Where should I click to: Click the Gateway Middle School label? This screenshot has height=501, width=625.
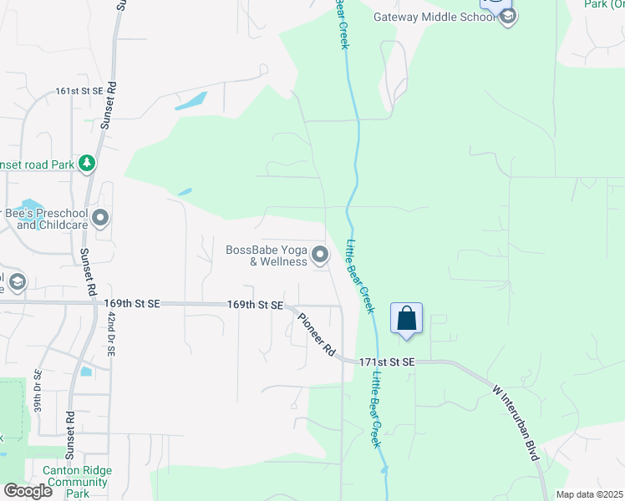click(434, 17)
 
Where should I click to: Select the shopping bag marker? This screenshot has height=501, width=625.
click(406, 319)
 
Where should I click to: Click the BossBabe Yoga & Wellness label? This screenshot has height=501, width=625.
click(267, 256)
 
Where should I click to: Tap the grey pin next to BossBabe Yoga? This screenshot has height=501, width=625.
click(320, 254)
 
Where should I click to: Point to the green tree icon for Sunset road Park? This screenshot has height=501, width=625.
click(86, 162)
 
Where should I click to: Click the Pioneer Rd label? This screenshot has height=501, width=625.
click(315, 331)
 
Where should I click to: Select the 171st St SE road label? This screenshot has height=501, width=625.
click(387, 362)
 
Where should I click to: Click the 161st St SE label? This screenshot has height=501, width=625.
click(79, 90)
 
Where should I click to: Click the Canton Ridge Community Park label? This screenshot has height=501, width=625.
click(77, 482)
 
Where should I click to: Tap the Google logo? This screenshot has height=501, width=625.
click(27, 490)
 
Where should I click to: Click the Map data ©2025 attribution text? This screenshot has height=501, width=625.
click(589, 494)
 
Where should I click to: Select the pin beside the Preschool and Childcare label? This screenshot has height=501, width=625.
click(101, 219)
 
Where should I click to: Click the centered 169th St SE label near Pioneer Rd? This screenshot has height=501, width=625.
click(255, 306)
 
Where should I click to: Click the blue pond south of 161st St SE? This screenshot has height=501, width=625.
click(191, 102)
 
